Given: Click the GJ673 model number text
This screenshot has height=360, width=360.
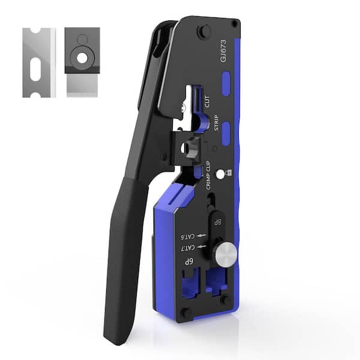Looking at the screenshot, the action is (223, 50).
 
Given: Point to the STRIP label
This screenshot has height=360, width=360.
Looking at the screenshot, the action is (217, 123).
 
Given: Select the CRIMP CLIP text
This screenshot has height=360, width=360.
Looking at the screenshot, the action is (208, 175).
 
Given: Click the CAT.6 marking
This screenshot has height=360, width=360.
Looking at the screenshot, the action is (188, 236).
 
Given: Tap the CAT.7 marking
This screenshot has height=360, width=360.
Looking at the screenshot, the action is (188, 247).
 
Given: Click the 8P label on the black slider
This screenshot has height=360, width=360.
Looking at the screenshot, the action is (217, 222).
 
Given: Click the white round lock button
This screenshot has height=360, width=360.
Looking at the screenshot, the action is (220, 175).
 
